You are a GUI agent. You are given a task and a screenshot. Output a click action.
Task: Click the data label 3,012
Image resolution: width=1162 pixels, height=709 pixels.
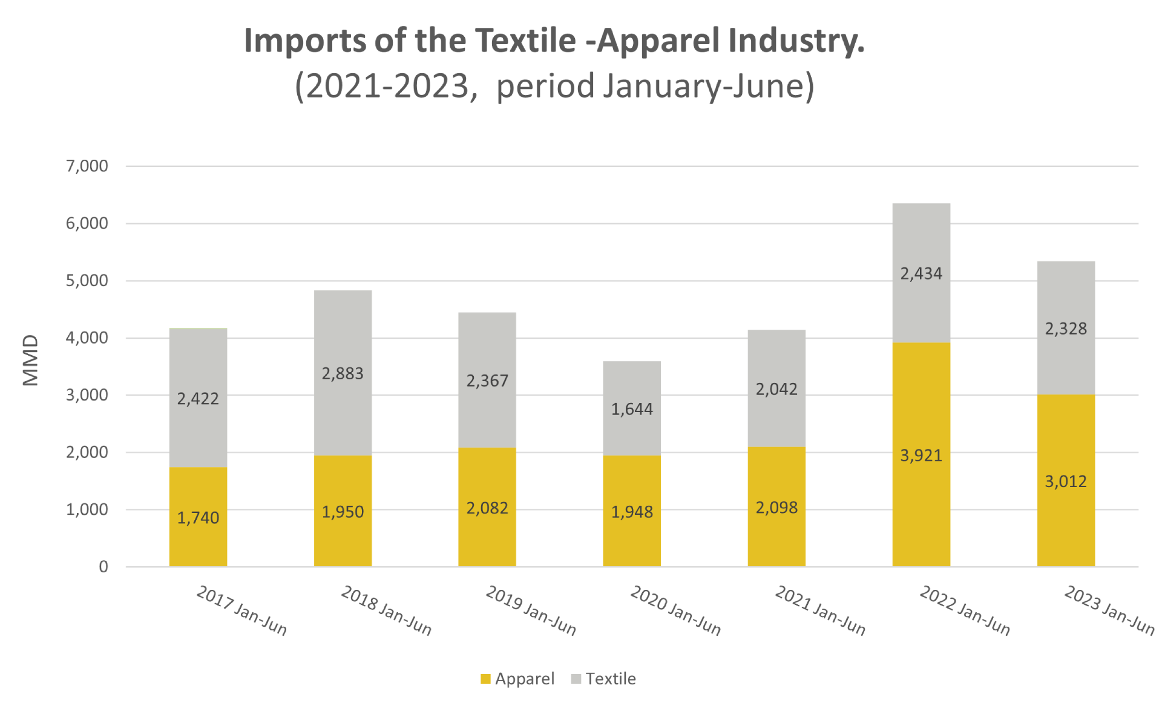point(1066,482)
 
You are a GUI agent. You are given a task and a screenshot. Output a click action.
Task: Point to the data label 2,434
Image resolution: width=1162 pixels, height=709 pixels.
point(921,274)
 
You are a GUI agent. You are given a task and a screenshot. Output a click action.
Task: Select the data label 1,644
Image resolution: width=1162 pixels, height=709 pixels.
point(632,410)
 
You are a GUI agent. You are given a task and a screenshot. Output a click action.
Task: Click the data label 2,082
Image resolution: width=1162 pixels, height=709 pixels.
point(487,508)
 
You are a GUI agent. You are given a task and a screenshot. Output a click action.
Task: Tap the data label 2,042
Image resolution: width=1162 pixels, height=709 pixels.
point(776,389)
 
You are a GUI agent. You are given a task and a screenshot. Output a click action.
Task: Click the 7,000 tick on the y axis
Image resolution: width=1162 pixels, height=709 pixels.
point(87,166)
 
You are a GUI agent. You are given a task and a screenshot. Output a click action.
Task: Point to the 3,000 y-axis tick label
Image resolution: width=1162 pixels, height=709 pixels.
point(87,395)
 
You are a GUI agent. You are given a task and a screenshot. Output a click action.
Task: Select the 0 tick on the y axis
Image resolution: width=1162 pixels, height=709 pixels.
point(103,567)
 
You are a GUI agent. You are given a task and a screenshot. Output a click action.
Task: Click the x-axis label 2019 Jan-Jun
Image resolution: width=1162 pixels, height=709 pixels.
point(531,610)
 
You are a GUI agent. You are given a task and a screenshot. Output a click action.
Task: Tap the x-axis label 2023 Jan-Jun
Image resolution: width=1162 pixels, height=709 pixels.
point(1109,610)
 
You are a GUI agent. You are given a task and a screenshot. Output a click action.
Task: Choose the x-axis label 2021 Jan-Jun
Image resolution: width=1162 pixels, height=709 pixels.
point(820,610)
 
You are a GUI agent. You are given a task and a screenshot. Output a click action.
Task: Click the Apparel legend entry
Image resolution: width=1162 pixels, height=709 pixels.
point(517,679)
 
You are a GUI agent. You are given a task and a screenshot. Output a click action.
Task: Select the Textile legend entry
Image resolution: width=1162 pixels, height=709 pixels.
point(604,679)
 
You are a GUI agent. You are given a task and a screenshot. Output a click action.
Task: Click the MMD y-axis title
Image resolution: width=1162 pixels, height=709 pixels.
point(30,361)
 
